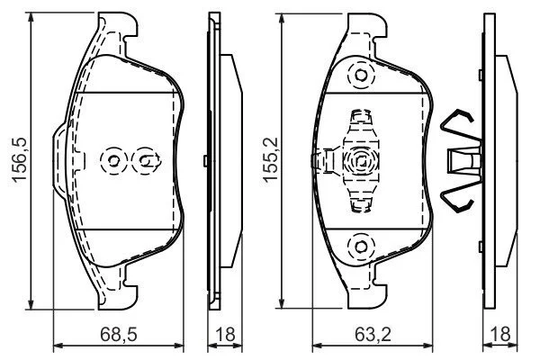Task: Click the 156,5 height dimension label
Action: click(x=19, y=159)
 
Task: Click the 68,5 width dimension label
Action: click(x=119, y=335)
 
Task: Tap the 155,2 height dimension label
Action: click(x=270, y=159)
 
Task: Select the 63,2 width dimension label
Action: click(x=373, y=335)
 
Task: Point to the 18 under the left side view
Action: click(x=225, y=335)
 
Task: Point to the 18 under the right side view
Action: click(x=500, y=335)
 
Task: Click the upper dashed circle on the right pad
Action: click(x=361, y=75)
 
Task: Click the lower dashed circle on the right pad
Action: click(x=361, y=247)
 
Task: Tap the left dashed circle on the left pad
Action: click(x=113, y=160)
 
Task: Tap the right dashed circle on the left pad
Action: click(x=145, y=160)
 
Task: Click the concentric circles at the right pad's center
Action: click(x=361, y=160)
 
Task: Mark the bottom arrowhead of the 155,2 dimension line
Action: click(x=282, y=303)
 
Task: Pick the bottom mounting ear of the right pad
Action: click(x=367, y=295)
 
